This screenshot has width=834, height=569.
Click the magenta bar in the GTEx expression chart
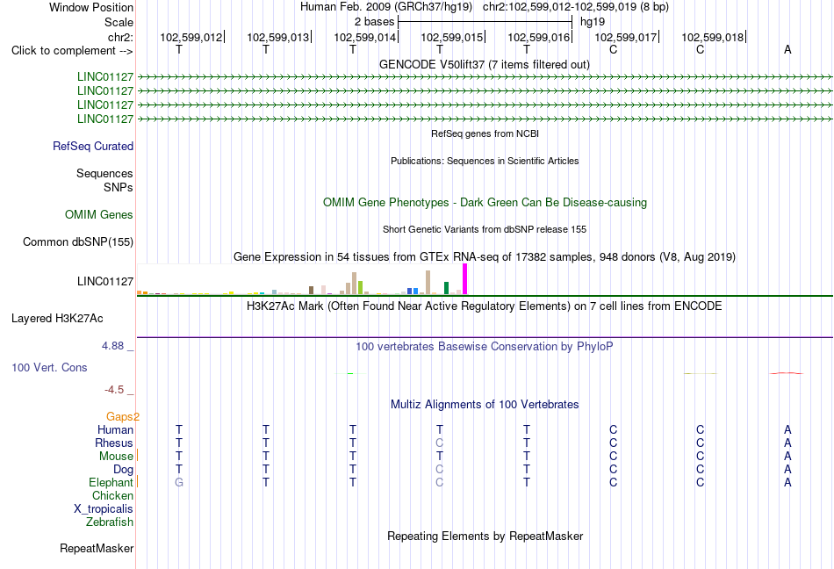[x=465, y=279]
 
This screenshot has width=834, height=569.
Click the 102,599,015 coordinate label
[x=451, y=37]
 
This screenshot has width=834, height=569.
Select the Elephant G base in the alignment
[x=179, y=482]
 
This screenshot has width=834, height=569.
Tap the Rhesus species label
[x=114, y=443]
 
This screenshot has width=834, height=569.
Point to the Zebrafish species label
[x=110, y=522]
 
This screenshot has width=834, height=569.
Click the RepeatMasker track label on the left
[x=97, y=548]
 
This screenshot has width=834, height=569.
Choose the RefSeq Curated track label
[x=93, y=147]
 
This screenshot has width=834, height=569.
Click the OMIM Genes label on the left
[x=99, y=215]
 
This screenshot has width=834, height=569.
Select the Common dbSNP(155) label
[x=78, y=242]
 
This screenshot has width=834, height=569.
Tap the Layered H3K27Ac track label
[x=57, y=319]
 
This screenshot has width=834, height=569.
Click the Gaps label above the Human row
[x=119, y=416]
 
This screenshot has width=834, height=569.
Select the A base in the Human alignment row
[x=787, y=429]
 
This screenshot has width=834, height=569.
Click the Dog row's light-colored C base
[x=439, y=469]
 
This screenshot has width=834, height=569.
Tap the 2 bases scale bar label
[x=375, y=22]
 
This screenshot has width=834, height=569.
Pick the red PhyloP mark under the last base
[x=787, y=373]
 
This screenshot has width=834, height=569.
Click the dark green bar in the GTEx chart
[x=446, y=288]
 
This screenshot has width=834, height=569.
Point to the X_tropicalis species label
[x=104, y=509]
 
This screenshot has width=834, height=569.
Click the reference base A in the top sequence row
[x=787, y=49]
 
